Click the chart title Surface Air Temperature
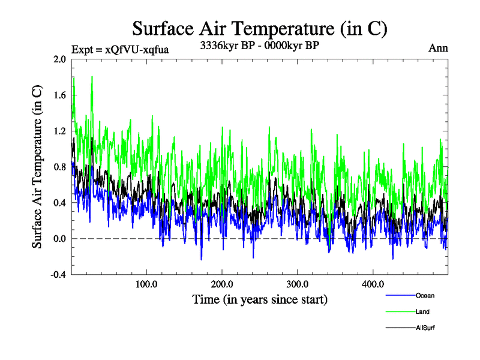coord(259,28)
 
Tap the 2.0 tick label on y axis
coord(60,59)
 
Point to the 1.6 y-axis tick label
coord(60,95)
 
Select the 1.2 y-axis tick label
coord(60,131)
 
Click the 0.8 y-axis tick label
coord(60,167)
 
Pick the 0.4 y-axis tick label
coord(60,203)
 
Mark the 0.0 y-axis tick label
coord(60,239)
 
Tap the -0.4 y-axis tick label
coord(59,274)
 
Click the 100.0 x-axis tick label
coord(147,284)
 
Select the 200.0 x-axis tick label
coord(223,284)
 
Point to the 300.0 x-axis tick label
coord(298,284)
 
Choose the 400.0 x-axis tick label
coord(373,284)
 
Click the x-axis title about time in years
coord(260,298)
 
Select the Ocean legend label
coord(425,296)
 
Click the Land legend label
coord(422,311)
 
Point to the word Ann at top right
coord(438,48)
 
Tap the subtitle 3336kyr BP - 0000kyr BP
coord(259,45)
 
